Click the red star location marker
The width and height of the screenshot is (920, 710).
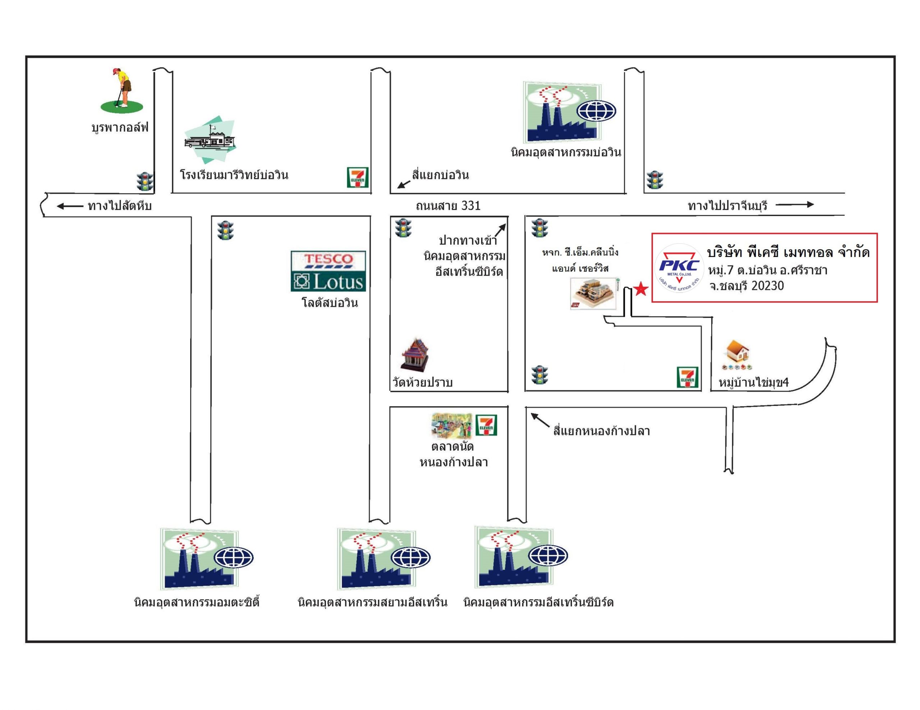click(x=641, y=289)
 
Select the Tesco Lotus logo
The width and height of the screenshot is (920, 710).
click(x=328, y=271)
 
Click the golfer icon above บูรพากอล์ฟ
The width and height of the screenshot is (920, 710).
click(x=122, y=90)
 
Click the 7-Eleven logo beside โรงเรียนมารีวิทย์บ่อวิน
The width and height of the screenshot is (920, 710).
click(x=357, y=177)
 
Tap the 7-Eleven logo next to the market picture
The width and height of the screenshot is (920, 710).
click(x=486, y=425)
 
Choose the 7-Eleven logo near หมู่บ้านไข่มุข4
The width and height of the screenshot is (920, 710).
click(x=687, y=377)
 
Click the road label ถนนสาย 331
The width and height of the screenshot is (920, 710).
click(x=448, y=206)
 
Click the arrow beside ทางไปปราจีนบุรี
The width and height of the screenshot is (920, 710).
click(x=795, y=205)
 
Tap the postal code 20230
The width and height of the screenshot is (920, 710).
click(x=768, y=286)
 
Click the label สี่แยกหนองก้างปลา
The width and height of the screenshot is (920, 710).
click(x=601, y=431)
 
